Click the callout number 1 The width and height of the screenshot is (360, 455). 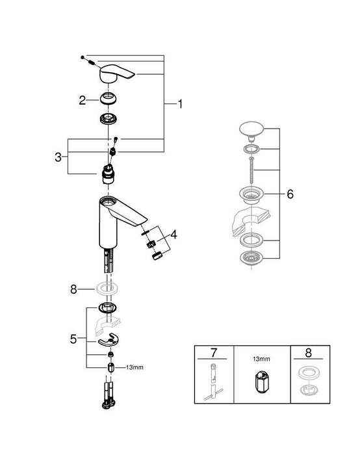pos(181,104)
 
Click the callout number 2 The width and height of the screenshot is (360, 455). pos(83,100)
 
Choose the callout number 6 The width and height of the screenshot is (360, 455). pos(290,194)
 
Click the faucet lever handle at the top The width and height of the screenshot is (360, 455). pos(116,75)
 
